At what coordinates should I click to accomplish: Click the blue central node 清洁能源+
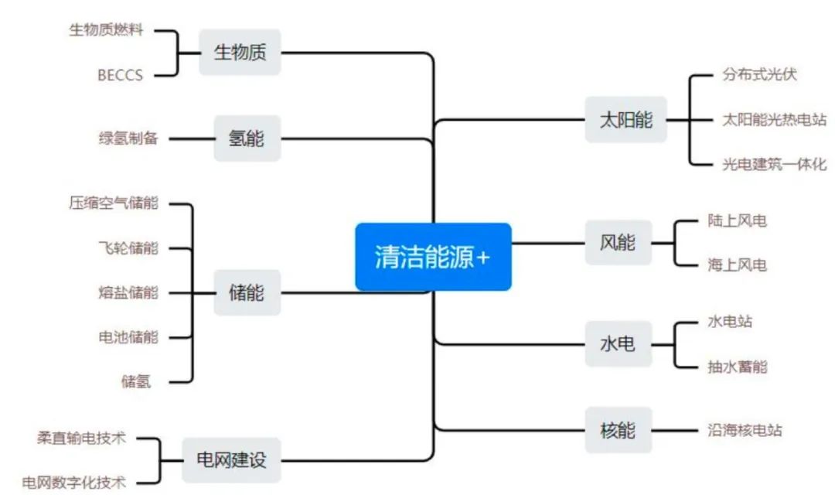[433, 257]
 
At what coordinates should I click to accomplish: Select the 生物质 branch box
[240, 53]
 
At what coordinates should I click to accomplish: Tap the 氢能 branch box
[247, 138]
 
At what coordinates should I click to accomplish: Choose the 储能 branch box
[247, 292]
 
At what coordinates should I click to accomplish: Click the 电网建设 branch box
[231, 459]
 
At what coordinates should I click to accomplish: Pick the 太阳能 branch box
[625, 120]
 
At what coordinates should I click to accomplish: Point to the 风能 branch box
[618, 242]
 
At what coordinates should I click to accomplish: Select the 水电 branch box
[618, 343]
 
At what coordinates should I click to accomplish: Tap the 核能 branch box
[618, 429]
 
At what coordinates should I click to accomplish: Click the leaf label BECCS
[120, 76]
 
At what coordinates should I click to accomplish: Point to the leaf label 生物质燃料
[107, 30]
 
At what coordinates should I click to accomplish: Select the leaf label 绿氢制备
[128, 138]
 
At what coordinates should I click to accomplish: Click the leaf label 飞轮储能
[128, 248]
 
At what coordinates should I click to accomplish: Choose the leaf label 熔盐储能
[128, 292]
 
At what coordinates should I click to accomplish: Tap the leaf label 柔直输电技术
[81, 438]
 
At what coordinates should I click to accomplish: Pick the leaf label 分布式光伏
[759, 75]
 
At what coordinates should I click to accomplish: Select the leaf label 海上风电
[737, 265]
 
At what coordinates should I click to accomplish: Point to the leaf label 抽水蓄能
[737, 366]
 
